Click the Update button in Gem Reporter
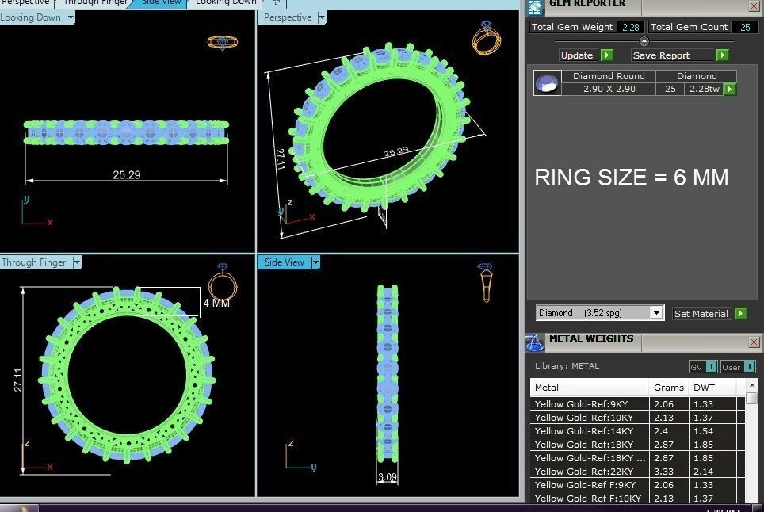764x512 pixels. [x=577, y=55]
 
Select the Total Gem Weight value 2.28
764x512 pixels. [x=631, y=27]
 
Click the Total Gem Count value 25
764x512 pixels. [x=744, y=27]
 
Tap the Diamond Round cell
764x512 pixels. [x=609, y=76]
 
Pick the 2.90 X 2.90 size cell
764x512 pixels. [x=609, y=90]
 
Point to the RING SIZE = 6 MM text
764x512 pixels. [x=631, y=178]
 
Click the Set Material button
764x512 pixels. [x=701, y=314]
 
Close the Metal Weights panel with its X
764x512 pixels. [x=754, y=342]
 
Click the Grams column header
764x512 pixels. [x=668, y=388]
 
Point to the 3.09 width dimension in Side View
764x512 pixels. [x=388, y=477]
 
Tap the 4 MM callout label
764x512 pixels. [x=216, y=303]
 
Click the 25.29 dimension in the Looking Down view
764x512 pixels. [x=126, y=174]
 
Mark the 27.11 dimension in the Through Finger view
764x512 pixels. [x=17, y=380]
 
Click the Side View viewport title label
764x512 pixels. [x=284, y=262]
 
